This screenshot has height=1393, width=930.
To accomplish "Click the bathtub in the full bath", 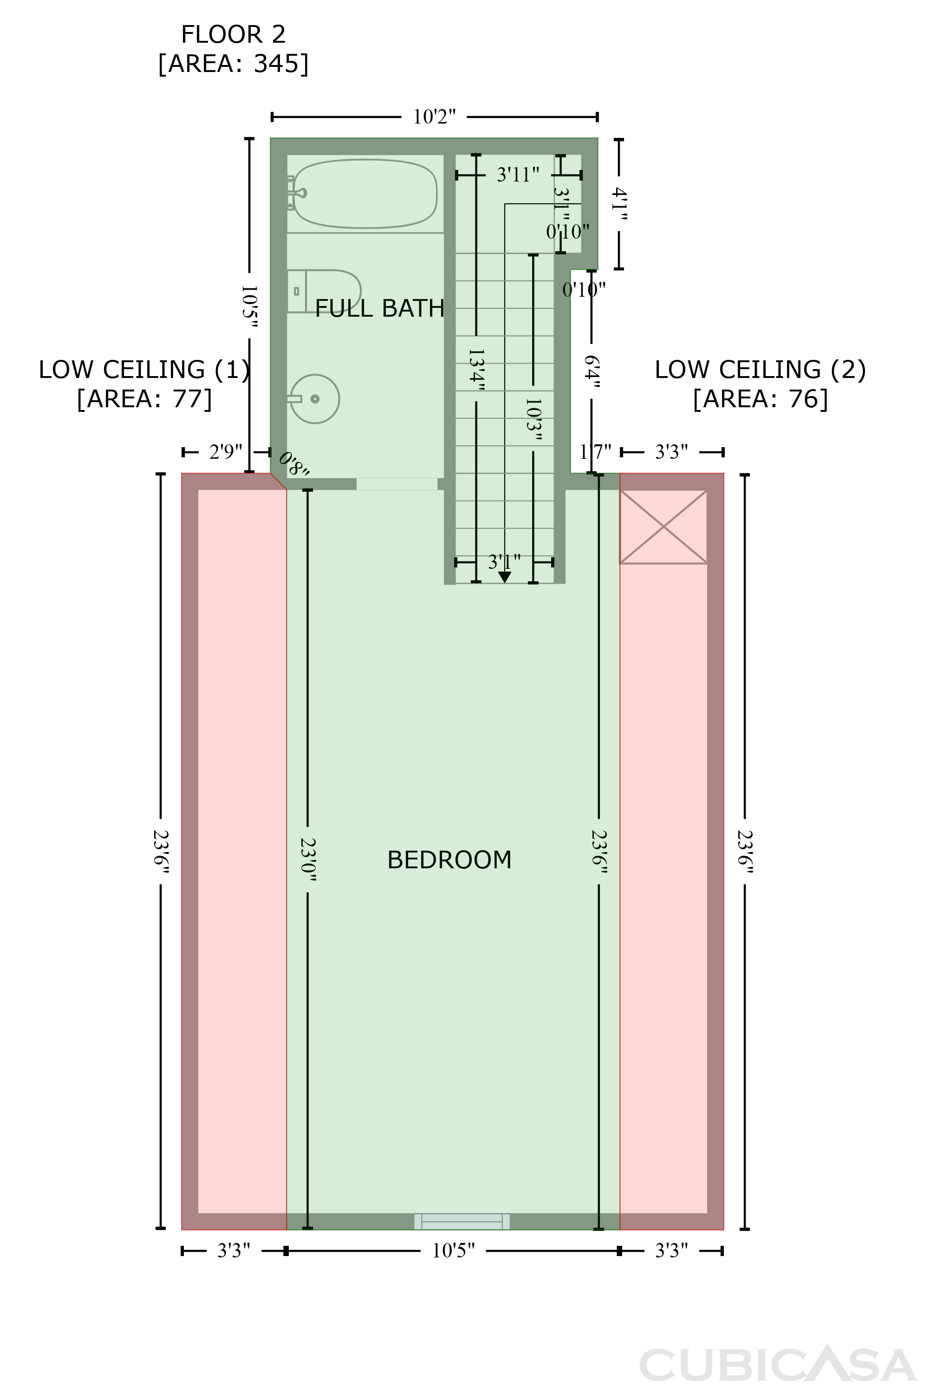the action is (365, 194).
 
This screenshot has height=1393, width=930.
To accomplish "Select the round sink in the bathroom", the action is (314, 399).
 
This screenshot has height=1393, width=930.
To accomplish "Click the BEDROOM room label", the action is (449, 860).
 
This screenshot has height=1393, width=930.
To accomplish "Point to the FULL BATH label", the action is (380, 308).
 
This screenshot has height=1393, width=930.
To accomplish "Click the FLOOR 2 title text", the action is (233, 34).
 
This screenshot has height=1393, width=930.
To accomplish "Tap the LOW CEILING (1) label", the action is (144, 370).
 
